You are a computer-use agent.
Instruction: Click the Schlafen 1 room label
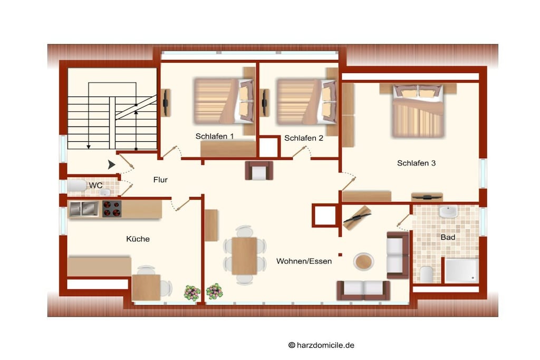(x=215, y=137)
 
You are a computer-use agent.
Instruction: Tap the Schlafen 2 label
(x=304, y=138)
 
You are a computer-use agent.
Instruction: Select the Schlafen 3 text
(x=417, y=163)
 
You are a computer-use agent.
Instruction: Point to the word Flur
(x=160, y=180)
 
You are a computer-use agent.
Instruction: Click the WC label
(x=96, y=186)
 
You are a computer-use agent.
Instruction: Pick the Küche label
(x=138, y=239)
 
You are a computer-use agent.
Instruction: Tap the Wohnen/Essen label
(x=304, y=261)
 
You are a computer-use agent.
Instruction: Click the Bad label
(x=448, y=237)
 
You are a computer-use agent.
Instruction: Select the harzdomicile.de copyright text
(x=321, y=345)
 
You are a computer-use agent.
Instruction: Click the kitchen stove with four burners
(x=112, y=209)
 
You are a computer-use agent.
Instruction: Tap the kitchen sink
(x=84, y=209)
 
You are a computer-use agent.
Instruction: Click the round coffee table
(x=363, y=262)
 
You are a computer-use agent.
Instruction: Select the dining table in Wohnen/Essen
(x=244, y=256)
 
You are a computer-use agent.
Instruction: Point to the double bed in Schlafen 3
(x=418, y=110)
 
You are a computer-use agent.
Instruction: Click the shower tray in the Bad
(x=461, y=270)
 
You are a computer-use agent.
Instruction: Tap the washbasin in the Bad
(x=448, y=211)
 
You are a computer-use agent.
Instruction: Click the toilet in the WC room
(x=77, y=186)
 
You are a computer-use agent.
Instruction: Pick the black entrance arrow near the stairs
(x=111, y=165)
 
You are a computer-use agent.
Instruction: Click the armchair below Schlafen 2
(x=259, y=171)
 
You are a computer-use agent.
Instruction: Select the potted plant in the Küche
(x=192, y=293)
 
